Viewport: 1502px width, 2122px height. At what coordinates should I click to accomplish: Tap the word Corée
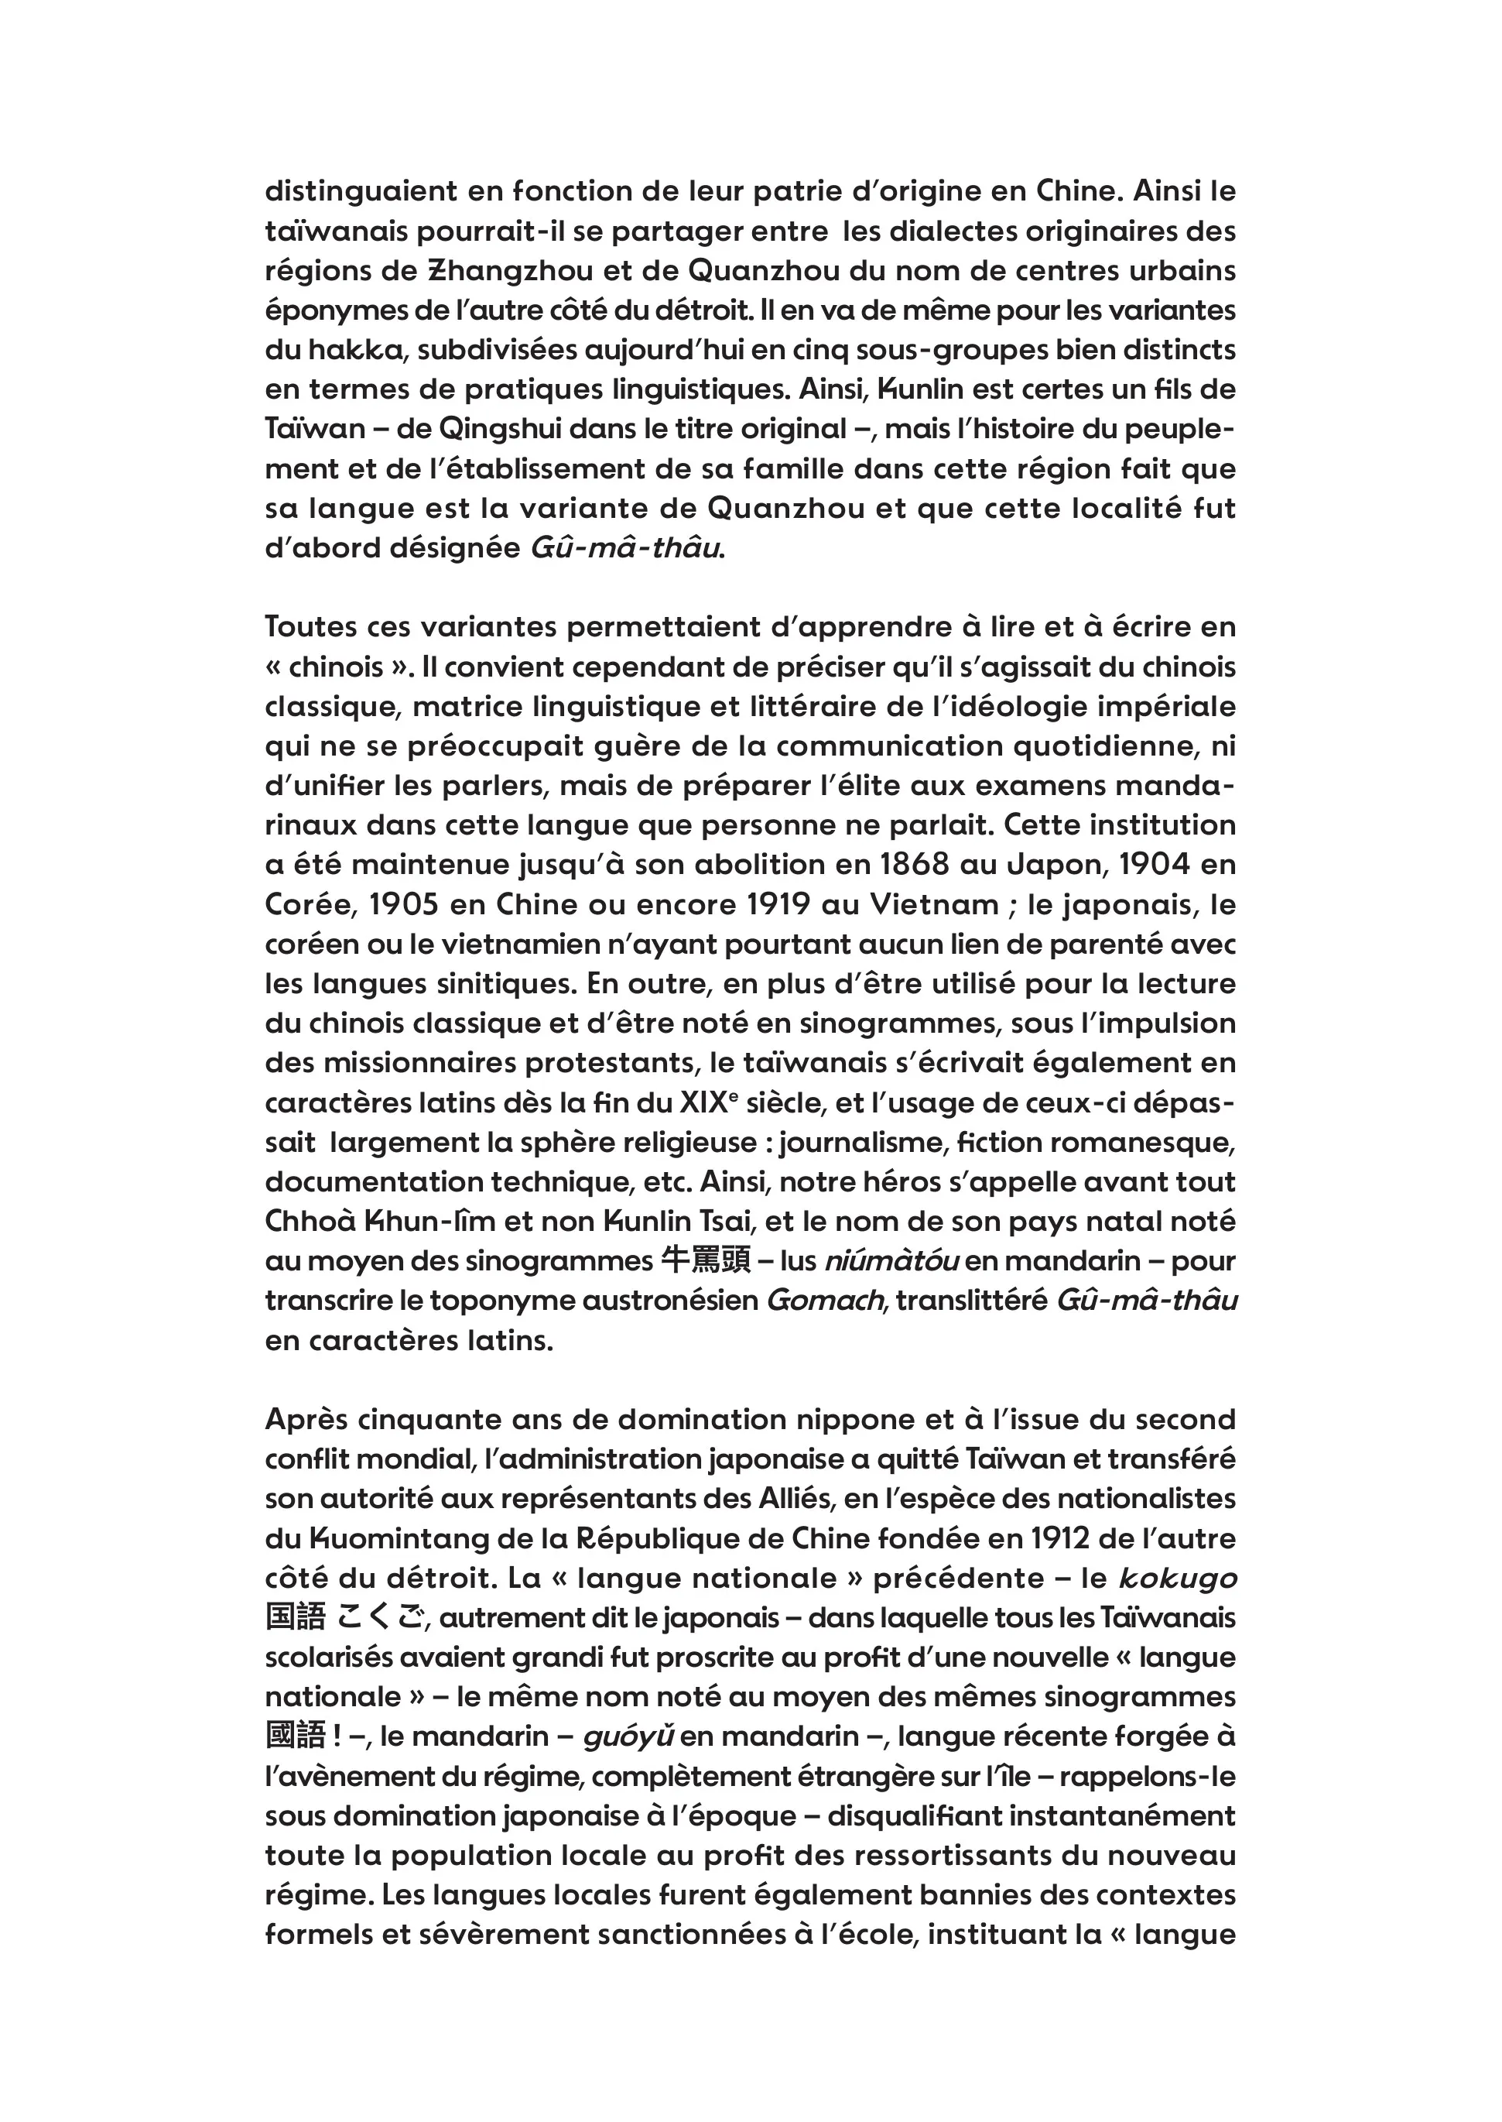(304, 905)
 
